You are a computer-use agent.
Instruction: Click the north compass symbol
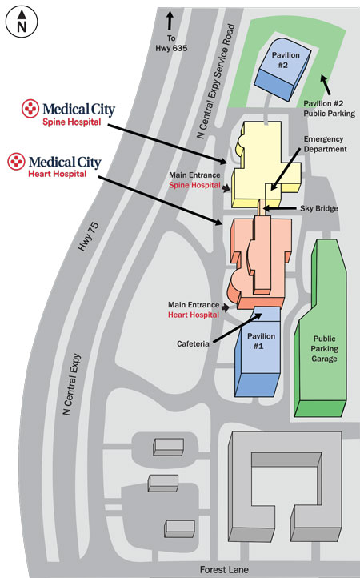click(x=22, y=22)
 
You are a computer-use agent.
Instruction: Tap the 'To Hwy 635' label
click(x=171, y=43)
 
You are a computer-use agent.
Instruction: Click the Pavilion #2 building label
click(x=285, y=60)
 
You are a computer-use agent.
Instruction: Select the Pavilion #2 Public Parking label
click(x=329, y=109)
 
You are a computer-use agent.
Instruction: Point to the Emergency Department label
click(x=325, y=144)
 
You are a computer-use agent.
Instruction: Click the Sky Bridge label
click(x=318, y=208)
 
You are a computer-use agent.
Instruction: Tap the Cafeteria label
click(x=193, y=344)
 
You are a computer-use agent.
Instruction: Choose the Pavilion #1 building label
click(x=261, y=341)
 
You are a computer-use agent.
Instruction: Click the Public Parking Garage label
click(x=324, y=349)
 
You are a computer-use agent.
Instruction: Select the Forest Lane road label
click(x=224, y=569)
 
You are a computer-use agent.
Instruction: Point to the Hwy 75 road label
click(x=88, y=237)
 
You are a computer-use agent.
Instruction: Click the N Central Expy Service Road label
click(x=215, y=82)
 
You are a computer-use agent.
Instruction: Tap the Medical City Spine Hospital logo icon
click(x=30, y=109)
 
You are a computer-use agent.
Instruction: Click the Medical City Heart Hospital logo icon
click(x=17, y=162)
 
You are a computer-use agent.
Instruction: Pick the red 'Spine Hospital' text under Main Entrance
click(x=194, y=185)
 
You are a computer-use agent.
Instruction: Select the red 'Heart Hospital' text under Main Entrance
click(x=194, y=315)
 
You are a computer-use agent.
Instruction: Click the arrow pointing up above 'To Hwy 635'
click(x=170, y=21)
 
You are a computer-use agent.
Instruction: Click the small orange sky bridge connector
click(x=262, y=208)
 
